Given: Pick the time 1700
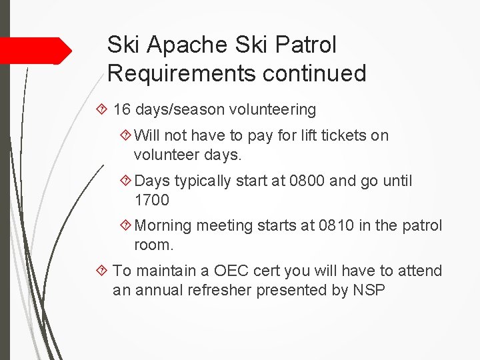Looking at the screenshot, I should (152, 199).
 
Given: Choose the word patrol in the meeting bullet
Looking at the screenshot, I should (422, 226).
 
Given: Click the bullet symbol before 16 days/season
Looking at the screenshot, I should (101, 109).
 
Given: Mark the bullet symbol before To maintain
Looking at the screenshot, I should (101, 271).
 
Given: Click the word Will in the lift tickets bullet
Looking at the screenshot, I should (147, 135).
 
